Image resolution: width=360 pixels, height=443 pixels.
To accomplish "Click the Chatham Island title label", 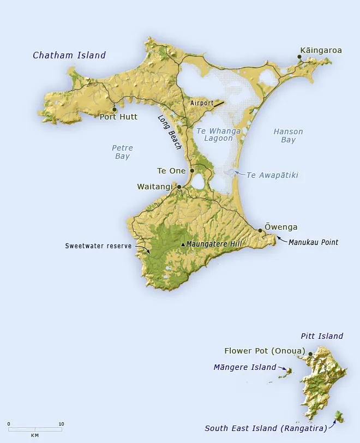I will (69, 55).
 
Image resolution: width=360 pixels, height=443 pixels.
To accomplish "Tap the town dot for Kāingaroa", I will (299, 57).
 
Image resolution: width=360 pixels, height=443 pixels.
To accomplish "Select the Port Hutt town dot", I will (114, 109).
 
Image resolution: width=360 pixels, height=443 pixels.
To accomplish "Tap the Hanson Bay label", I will (288, 136).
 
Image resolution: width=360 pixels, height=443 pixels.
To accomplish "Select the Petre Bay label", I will (122, 152).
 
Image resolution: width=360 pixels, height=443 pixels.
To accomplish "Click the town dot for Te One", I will (192, 171).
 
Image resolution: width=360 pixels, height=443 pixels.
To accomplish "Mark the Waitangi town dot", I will (179, 187).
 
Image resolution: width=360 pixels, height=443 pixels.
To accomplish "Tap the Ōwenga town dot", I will (260, 231).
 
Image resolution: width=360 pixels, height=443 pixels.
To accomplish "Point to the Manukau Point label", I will (313, 242).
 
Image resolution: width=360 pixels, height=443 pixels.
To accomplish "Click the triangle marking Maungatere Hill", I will (183, 244).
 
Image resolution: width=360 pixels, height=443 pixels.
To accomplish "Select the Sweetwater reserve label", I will (98, 246).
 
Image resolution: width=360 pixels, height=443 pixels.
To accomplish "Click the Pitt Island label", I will (322, 336).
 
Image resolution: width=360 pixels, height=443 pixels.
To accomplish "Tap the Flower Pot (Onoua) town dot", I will (310, 354).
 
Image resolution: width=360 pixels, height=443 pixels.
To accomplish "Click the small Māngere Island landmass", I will (290, 371).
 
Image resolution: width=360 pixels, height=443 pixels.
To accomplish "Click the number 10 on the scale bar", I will (62, 424).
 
